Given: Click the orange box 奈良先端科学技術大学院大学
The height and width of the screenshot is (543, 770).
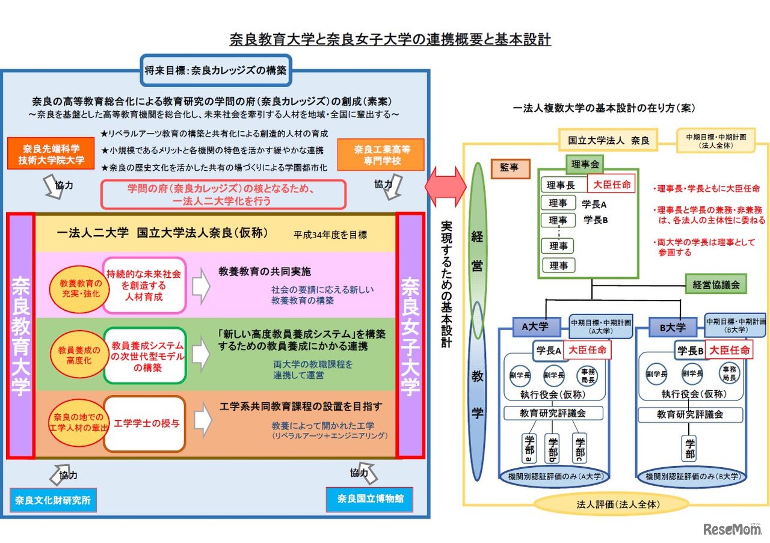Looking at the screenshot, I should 51,154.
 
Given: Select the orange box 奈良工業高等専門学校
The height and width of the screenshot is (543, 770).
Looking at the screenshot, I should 381,155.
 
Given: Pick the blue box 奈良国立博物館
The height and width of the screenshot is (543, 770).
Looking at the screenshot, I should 370,499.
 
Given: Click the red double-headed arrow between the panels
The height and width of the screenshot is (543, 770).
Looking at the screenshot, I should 446,186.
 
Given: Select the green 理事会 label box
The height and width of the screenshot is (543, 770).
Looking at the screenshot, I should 584,164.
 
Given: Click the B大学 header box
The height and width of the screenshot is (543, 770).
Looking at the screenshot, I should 673,328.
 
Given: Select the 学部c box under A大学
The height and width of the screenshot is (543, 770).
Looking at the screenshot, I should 580,448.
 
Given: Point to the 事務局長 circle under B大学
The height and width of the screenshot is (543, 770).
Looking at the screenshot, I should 729,374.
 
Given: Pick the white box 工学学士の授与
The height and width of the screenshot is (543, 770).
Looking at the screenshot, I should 144,424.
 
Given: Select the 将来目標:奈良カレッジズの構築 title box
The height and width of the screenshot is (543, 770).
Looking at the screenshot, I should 215,70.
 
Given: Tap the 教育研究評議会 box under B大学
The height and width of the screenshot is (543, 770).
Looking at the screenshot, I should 690,414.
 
